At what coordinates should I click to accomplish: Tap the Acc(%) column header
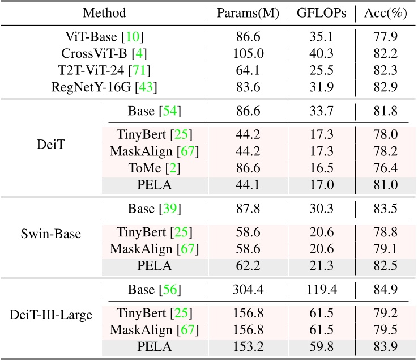click(382, 13)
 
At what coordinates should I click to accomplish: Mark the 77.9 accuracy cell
click(382, 37)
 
